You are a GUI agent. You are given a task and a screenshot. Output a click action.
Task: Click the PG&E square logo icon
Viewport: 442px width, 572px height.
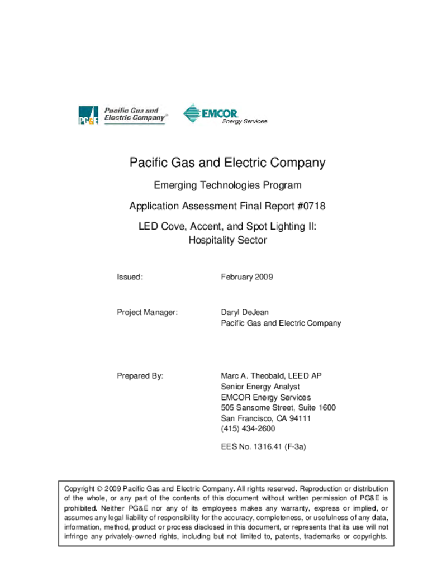(88, 116)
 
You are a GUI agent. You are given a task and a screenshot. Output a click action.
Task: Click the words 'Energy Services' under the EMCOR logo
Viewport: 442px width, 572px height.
(245, 121)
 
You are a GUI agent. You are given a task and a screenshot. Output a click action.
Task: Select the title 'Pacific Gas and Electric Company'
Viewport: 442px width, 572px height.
(227, 163)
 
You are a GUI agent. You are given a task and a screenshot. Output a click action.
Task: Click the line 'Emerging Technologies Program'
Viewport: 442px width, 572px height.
(227, 185)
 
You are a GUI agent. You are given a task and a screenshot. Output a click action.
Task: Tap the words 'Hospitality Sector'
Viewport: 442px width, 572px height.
(227, 241)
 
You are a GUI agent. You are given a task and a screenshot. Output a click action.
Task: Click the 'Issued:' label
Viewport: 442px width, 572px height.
(130, 277)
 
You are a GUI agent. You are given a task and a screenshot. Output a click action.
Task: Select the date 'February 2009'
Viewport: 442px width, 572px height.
(247, 277)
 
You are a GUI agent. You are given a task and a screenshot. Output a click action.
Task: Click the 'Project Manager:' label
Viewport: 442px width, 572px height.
(147, 312)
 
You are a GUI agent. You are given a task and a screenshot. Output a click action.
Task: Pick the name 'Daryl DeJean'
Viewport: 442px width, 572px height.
(245, 312)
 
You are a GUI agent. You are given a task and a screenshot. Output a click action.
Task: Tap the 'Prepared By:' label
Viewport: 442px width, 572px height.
(140, 376)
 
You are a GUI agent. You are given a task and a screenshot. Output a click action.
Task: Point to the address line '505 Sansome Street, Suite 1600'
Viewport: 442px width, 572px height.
(278, 408)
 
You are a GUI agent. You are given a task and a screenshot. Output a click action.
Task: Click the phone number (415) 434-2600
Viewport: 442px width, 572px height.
(248, 429)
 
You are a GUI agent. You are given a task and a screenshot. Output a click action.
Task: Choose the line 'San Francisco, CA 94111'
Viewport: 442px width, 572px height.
(266, 418)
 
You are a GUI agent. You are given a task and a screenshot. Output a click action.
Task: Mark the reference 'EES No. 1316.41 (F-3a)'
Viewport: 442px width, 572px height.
(264, 447)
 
